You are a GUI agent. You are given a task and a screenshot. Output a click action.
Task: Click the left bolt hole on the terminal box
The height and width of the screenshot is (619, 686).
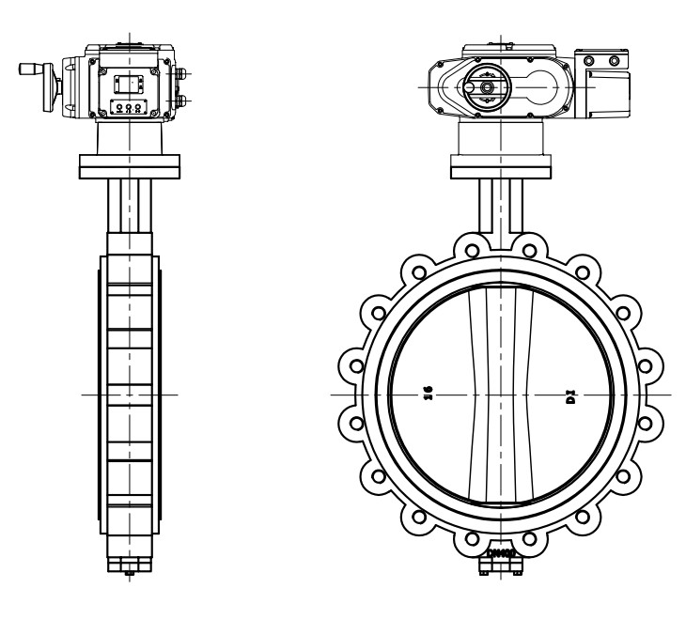590,62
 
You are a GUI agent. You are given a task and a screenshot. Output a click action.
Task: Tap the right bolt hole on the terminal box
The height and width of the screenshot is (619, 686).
615,62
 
